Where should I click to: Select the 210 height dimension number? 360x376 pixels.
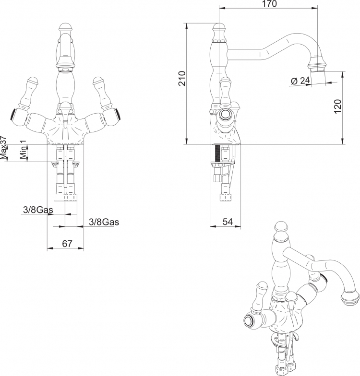[182, 79]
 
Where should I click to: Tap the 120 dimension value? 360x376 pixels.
[337, 106]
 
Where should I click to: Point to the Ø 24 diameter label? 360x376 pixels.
[300, 81]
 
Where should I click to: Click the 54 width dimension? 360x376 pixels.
[228, 222]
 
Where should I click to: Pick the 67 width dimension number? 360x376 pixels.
[67, 244]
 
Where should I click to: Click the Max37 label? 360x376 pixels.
[3, 148]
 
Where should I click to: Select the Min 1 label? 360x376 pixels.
[23, 150]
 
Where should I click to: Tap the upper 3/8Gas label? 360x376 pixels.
[38, 210]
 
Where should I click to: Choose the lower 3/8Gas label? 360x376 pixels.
[104, 222]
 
